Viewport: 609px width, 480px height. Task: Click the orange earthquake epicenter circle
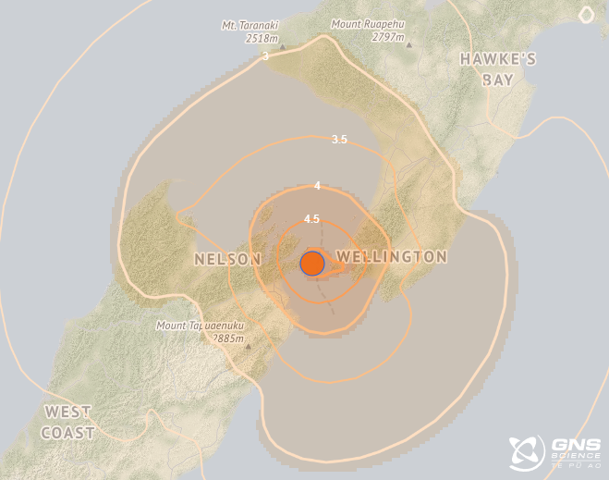click(x=312, y=264)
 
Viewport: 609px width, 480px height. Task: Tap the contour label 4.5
click(x=311, y=219)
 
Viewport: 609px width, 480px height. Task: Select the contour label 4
click(x=317, y=186)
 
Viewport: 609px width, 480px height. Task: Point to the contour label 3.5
click(x=339, y=140)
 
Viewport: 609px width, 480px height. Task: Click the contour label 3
click(x=265, y=56)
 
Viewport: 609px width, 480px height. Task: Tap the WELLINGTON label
click(x=392, y=256)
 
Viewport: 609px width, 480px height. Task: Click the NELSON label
click(x=227, y=260)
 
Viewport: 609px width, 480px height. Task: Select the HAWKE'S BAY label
click(x=498, y=69)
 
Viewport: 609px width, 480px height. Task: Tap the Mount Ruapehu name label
click(x=368, y=25)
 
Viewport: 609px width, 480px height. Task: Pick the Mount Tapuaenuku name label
click(x=200, y=325)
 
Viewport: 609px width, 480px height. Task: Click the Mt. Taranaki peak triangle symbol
click(x=283, y=46)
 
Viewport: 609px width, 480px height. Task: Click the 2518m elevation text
click(x=262, y=38)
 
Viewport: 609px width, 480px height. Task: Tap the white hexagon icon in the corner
click(x=586, y=14)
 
